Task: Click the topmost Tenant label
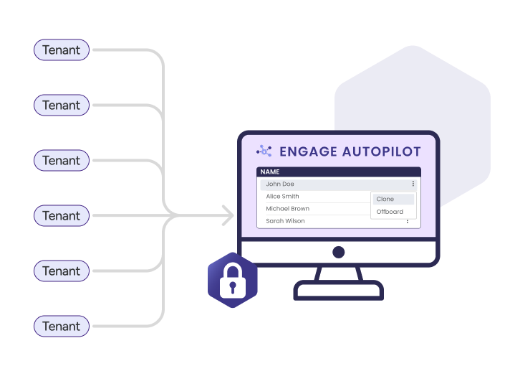tap(62, 50)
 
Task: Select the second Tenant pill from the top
tap(62, 106)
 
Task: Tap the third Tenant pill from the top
tap(62, 161)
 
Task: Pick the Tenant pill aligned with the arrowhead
tap(62, 216)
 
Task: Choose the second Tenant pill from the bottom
tap(62, 271)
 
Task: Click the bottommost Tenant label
tap(62, 327)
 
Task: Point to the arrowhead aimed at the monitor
tap(228, 215)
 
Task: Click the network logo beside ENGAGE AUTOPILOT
tap(264, 151)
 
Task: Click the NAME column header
tap(270, 172)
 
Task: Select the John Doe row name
tap(280, 184)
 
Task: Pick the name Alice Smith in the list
tap(282, 197)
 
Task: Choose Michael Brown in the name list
tap(287, 209)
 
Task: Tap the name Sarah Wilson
tap(285, 221)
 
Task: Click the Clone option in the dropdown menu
tap(385, 200)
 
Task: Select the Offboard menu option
tap(390, 212)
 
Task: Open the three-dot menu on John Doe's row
tap(413, 184)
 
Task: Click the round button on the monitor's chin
tap(339, 252)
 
